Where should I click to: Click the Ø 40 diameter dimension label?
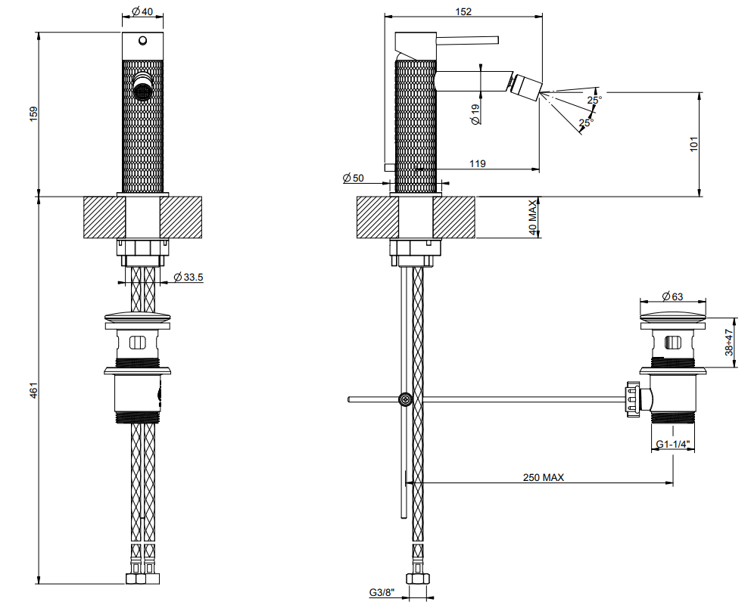tap(142, 11)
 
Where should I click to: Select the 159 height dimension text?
tap(33, 114)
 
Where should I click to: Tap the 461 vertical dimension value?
tap(33, 390)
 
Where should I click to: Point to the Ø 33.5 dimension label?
tap(189, 277)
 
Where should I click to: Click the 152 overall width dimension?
tap(463, 11)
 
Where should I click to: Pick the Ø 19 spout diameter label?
tap(475, 115)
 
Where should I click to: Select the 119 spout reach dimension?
tap(478, 163)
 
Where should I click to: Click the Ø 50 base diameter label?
tap(354, 178)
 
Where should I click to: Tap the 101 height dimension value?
tap(694, 144)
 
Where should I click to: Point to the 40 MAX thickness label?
tap(533, 218)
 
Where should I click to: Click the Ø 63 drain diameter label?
tap(672, 296)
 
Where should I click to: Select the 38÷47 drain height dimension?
tap(729, 342)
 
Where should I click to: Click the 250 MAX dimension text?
tap(544, 477)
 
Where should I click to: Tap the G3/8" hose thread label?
tap(382, 593)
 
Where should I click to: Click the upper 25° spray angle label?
tap(594, 100)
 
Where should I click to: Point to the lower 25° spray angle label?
tap(586, 123)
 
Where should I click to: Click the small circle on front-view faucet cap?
tap(143, 41)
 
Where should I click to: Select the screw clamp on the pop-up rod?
tap(406, 399)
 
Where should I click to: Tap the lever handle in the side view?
tap(467, 40)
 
